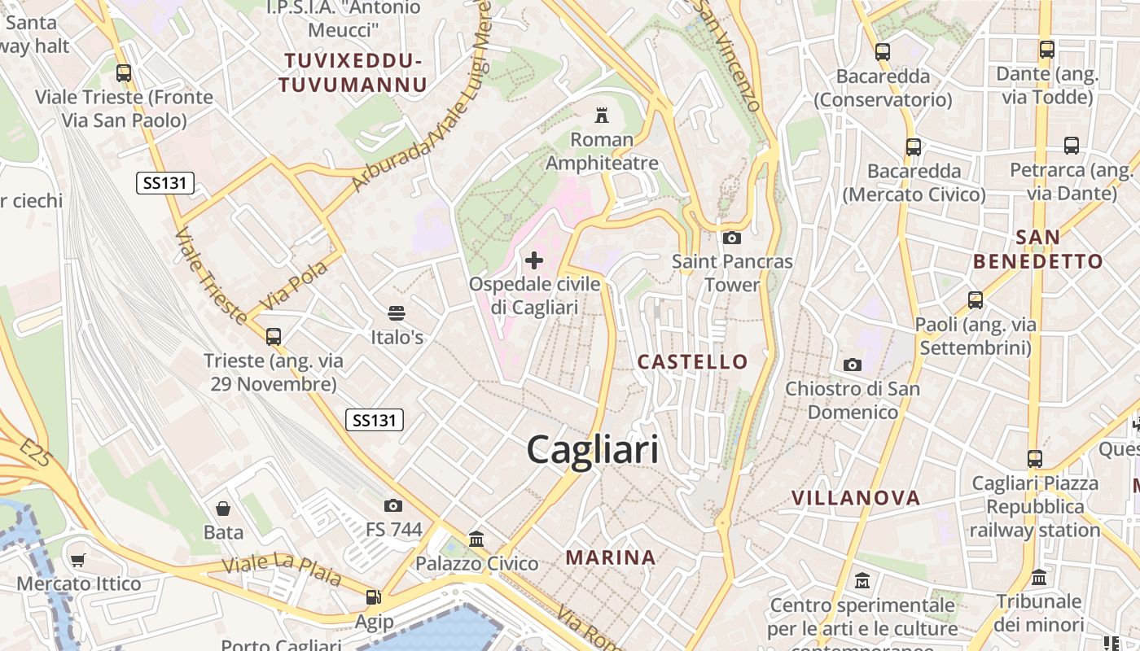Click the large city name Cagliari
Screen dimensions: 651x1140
592,449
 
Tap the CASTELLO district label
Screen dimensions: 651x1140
692,361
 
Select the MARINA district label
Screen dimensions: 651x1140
611,557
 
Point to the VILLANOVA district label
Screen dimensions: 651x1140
856,497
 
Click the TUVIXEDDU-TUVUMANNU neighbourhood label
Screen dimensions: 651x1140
353,72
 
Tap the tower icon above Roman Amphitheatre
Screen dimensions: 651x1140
602,115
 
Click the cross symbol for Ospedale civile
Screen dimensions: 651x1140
534,260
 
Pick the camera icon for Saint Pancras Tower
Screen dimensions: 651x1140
731,238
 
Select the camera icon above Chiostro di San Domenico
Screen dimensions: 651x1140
852,365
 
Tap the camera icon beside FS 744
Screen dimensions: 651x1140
393,506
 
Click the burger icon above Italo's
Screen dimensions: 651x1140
397,313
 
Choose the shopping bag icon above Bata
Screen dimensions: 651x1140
223,509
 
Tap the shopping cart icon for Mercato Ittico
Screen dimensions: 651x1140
78,560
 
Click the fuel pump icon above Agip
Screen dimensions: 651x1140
374,597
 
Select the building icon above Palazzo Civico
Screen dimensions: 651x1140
476,539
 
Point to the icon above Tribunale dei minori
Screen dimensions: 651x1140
1039,578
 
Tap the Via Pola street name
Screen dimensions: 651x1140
293,285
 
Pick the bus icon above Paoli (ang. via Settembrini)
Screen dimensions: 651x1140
976,300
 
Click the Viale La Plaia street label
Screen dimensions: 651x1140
283,570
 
